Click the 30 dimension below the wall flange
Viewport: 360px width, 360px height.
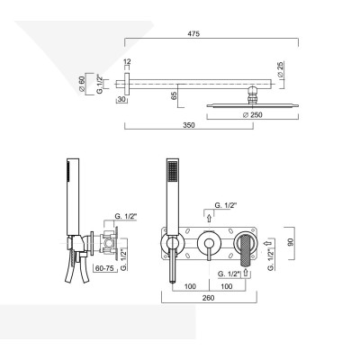121,101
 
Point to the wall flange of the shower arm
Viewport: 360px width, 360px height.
126,84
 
